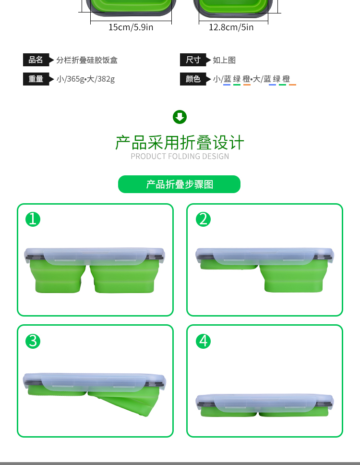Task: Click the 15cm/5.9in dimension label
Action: click(131, 27)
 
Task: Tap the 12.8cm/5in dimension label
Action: click(231, 27)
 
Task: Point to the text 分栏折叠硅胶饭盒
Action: click(87, 60)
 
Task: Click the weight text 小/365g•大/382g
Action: click(85, 79)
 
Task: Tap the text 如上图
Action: click(224, 60)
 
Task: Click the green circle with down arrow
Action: click(180, 117)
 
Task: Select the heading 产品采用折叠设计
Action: click(180, 143)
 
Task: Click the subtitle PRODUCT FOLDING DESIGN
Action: click(180, 156)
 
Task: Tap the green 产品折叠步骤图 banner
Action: click(179, 184)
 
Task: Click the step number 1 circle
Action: click(33, 220)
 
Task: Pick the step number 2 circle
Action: click(203, 220)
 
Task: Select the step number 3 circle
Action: click(33, 341)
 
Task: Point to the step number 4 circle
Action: click(203, 341)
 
